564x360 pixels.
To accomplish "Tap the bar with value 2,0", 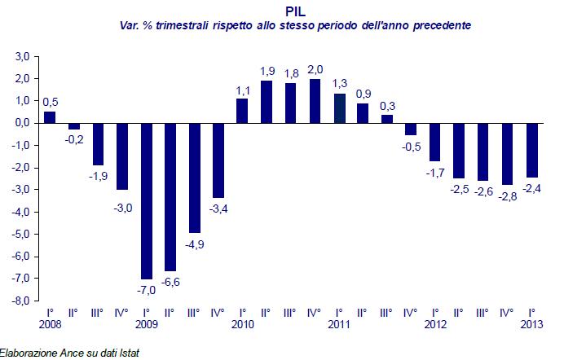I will (x=315, y=101).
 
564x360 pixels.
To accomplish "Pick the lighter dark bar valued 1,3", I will (x=339, y=108).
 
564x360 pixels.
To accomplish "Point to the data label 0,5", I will (x=51, y=102).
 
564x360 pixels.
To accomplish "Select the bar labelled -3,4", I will (x=218, y=160).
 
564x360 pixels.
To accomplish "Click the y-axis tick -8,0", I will (x=20, y=301).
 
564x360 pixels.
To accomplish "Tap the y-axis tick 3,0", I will (x=21, y=56).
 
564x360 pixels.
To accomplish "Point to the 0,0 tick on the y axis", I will (x=21, y=123).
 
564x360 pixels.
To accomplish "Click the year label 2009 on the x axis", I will (x=147, y=325).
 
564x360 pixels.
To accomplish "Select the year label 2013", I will (x=532, y=325).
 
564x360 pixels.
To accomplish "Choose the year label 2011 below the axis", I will (x=339, y=325).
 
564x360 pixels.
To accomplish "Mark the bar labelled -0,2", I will (x=74, y=125).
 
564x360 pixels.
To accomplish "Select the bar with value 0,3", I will (x=387, y=119).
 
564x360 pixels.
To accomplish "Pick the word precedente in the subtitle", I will (x=443, y=26).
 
